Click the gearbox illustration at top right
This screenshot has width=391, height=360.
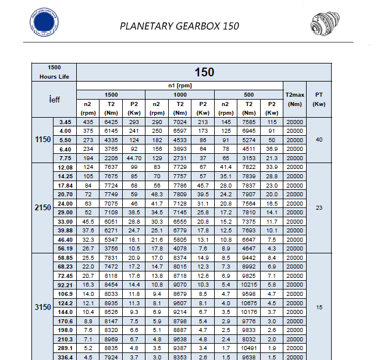(x=327, y=25)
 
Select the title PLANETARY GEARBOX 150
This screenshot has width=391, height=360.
(x=179, y=26)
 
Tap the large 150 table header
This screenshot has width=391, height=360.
(x=204, y=72)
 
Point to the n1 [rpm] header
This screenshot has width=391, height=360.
(x=179, y=86)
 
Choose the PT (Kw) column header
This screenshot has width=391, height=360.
(x=319, y=99)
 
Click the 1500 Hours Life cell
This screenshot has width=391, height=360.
(x=54, y=72)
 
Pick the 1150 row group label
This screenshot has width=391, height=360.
(x=43, y=140)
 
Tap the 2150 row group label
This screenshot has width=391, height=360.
(x=43, y=207)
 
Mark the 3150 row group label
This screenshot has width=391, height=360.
(x=43, y=307)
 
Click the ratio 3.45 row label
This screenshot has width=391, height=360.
(x=65, y=122)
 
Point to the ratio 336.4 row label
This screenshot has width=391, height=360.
(x=65, y=357)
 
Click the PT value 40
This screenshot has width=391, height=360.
(x=319, y=140)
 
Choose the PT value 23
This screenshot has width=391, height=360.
(x=319, y=207)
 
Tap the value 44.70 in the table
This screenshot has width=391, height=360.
(x=134, y=158)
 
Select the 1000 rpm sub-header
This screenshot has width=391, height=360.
(x=180, y=94)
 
